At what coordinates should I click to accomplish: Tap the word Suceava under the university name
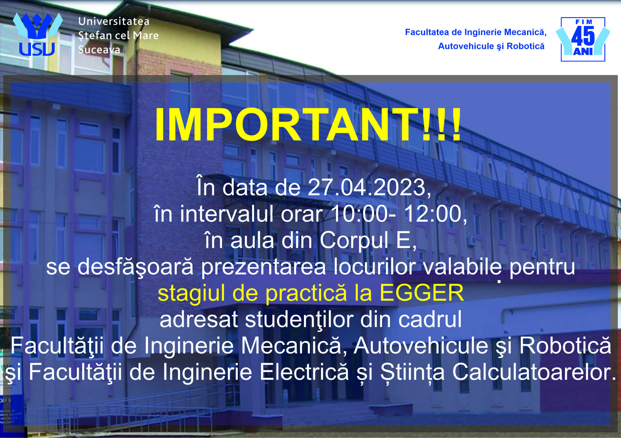click(x=99, y=50)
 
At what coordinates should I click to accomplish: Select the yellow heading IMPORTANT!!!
click(x=308, y=125)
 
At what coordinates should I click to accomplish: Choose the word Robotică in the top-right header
click(x=525, y=46)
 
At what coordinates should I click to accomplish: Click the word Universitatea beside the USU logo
click(x=114, y=21)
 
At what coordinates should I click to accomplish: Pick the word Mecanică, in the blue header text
click(x=525, y=32)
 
